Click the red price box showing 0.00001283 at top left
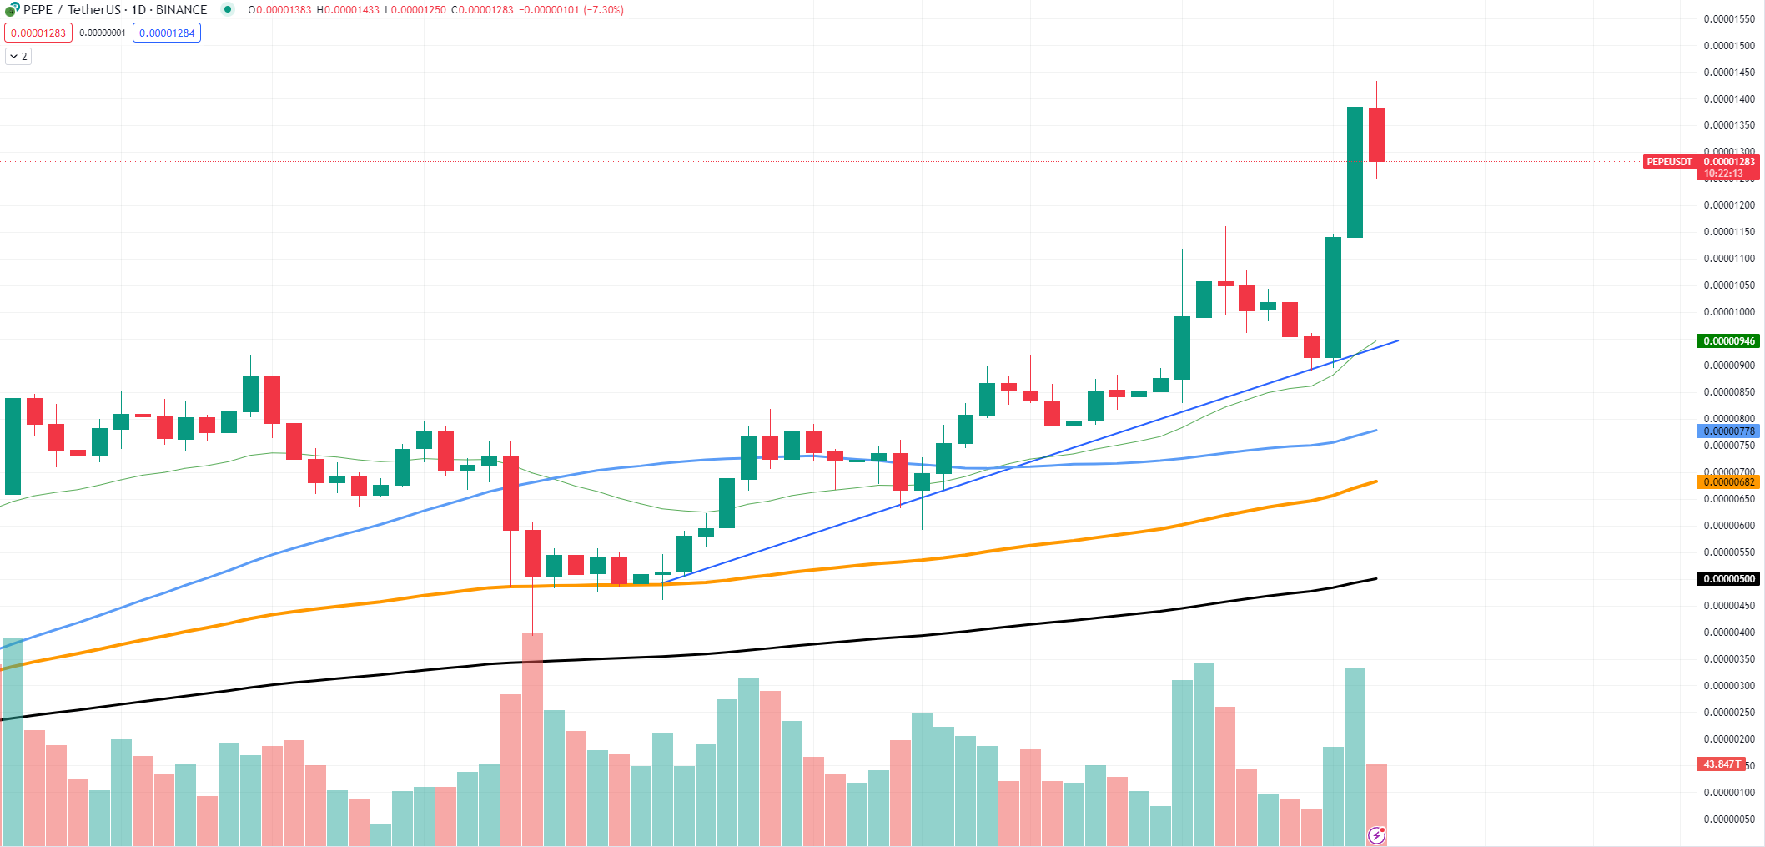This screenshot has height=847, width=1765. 38,33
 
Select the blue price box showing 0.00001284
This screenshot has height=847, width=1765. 167,33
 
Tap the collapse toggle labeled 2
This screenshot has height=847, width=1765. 18,57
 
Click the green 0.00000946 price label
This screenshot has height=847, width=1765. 1729,341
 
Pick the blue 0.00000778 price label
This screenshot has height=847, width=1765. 1729,431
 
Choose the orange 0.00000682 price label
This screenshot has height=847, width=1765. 1729,482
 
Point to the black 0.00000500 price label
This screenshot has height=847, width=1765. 1729,579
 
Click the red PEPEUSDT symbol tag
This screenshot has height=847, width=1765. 1669,162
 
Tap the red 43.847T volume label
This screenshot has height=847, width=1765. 1721,764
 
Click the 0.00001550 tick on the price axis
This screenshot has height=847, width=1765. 1729,19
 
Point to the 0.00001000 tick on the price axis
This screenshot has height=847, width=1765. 1729,312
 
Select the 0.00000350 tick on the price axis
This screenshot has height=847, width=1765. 1729,659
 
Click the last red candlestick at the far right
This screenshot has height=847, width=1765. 1376,134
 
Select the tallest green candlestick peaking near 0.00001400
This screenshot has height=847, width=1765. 1355,172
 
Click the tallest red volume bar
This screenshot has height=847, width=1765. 532,739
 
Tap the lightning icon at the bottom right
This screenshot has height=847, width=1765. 1376,834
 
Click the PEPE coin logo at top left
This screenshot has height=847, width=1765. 12,10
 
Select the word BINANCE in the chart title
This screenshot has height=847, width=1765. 182,10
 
